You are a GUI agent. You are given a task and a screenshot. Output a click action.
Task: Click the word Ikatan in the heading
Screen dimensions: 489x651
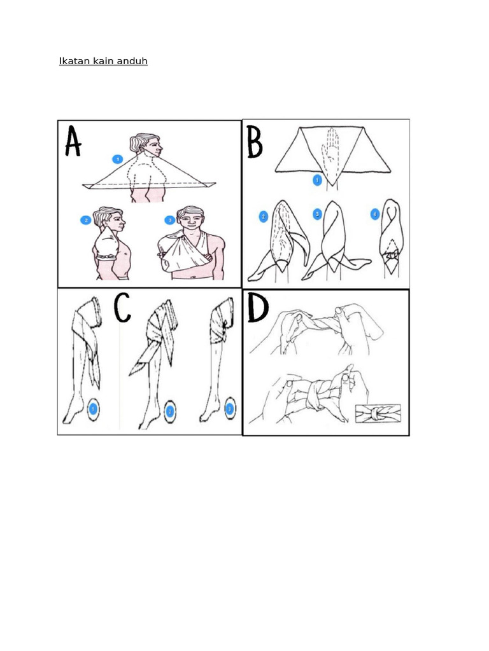[74, 61]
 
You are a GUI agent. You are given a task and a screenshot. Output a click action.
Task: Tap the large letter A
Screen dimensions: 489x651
[73, 141]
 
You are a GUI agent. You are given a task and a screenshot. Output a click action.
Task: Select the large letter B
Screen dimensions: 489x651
[255, 142]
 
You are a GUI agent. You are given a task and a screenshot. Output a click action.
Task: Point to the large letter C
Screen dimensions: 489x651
[123, 308]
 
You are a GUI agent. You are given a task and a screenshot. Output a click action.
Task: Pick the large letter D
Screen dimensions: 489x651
[257, 308]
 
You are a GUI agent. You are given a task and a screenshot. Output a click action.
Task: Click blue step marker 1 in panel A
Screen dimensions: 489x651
[118, 159]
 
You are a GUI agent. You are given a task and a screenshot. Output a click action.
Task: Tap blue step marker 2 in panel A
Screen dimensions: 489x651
[86, 220]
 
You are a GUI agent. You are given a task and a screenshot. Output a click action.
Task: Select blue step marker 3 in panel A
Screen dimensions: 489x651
[169, 220]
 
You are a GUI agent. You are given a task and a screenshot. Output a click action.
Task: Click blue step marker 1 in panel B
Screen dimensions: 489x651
[317, 180]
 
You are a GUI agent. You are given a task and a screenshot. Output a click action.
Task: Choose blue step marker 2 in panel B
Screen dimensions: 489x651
[263, 217]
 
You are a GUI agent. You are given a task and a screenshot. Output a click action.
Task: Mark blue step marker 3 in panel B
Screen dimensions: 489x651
[317, 214]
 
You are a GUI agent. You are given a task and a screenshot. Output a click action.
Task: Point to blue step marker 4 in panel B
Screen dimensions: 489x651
[375, 214]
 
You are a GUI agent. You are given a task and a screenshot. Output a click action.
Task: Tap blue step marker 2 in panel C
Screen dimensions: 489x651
[169, 412]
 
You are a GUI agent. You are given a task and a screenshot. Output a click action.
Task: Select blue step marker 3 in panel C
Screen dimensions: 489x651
[230, 409]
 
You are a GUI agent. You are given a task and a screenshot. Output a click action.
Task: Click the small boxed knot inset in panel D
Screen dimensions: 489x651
[378, 414]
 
